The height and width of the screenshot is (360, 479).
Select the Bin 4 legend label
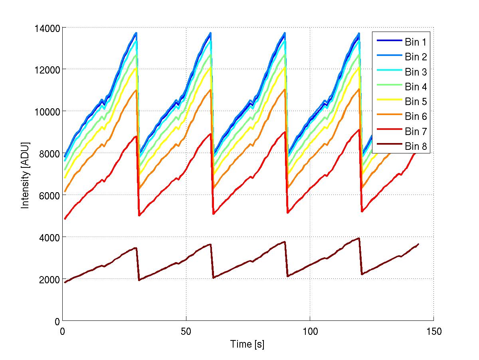click(x=416, y=87)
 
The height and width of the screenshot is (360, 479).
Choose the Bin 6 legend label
click(x=416, y=117)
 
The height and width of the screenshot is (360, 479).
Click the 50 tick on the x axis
click(x=186, y=332)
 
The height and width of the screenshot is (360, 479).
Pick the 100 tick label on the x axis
click(x=310, y=332)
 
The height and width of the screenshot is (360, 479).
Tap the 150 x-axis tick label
click(x=433, y=332)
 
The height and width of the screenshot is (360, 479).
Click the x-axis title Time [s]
click(x=247, y=344)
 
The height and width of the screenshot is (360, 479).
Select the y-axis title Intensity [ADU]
click(x=25, y=175)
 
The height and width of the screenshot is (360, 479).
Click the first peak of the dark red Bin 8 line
click(x=136, y=248)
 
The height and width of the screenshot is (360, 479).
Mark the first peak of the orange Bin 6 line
click(x=136, y=90)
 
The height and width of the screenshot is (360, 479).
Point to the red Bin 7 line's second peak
click(x=211, y=133)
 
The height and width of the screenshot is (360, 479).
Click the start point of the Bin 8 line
click(x=65, y=282)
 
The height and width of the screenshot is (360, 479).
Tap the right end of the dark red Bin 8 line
click(x=418, y=244)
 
